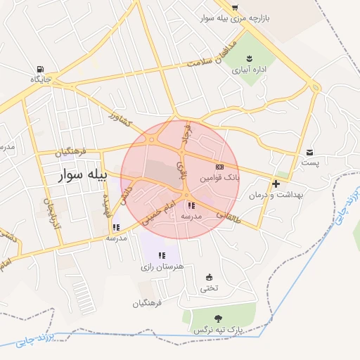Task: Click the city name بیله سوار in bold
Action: point(82,175)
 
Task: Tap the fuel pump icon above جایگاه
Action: point(39,69)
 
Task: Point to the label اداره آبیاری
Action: point(250,70)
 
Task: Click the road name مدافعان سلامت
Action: point(210,62)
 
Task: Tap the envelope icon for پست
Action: point(310,152)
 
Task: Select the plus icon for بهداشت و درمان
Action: point(276,184)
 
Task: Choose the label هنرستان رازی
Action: point(162,267)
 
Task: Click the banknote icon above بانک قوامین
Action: point(219,167)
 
